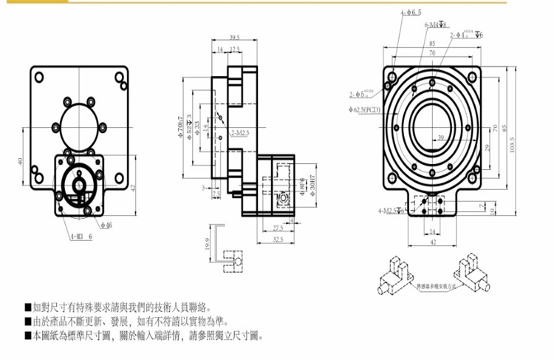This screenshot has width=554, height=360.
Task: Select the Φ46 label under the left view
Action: coord(106,225)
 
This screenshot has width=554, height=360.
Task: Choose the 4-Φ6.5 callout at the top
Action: coord(411,13)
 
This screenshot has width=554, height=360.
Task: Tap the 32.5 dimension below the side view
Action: coord(276,240)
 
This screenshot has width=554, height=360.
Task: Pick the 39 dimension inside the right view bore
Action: coord(440,138)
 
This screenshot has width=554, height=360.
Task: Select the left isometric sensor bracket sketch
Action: coord(396,276)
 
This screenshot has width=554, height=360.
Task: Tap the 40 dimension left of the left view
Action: coord(21,160)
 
